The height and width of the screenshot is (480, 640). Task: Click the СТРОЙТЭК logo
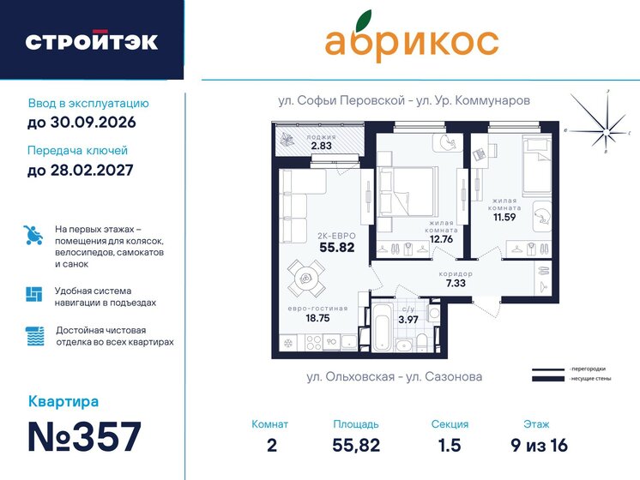[x=91, y=42]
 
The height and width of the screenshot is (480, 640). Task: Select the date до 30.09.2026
[x=82, y=123]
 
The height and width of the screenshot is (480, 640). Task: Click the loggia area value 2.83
[x=321, y=146]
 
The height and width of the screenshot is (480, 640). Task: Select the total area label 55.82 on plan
[x=337, y=247]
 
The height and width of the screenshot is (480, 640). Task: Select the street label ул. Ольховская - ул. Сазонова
[x=394, y=375]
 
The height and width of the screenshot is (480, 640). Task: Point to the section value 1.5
[x=450, y=445]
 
